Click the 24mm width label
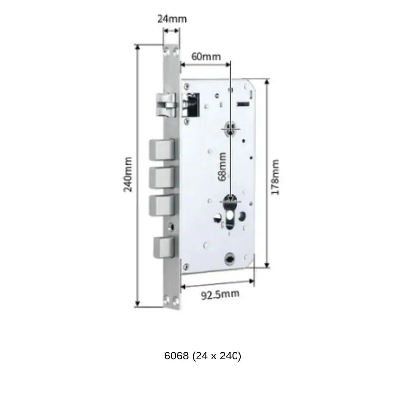pyautogui.click(x=172, y=19)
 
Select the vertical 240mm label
pyautogui.click(x=128, y=175)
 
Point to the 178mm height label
pyautogui.click(x=276, y=177)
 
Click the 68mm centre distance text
pyautogui.click(x=223, y=166)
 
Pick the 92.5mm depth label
pyautogui.click(x=220, y=295)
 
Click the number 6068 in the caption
pyautogui.click(x=176, y=356)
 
